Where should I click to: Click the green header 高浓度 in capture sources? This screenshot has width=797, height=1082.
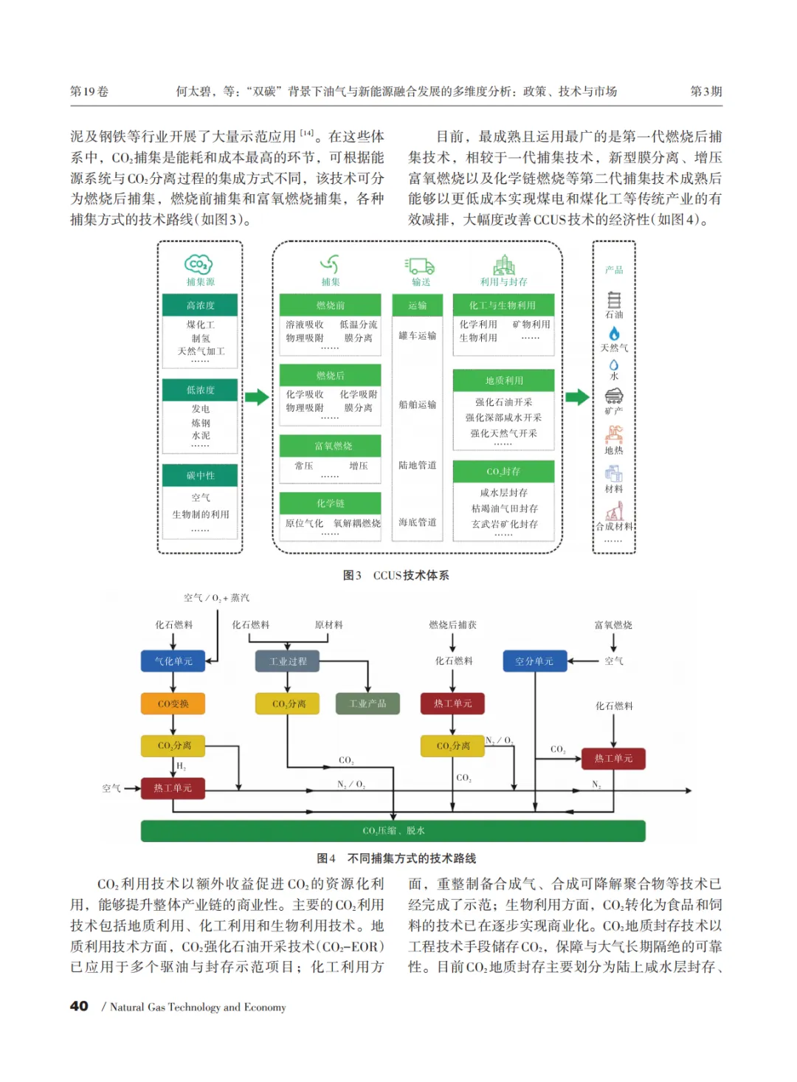click(200, 306)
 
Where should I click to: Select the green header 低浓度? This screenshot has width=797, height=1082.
click(200, 390)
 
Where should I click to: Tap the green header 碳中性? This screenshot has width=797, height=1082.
click(200, 475)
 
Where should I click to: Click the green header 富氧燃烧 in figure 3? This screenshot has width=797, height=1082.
click(331, 446)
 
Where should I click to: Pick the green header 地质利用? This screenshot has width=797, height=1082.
click(503, 380)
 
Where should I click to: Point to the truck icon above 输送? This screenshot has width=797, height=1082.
click(420, 266)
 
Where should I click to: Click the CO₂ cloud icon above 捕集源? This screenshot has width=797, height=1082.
click(199, 264)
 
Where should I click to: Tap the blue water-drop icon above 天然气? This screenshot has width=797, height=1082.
click(614, 334)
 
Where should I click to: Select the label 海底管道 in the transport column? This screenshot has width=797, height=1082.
click(417, 522)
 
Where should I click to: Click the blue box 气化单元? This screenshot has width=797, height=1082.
click(173, 661)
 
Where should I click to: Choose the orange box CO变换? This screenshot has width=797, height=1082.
click(173, 703)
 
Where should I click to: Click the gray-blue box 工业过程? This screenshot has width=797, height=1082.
click(288, 661)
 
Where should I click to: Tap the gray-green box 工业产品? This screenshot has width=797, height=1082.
click(368, 703)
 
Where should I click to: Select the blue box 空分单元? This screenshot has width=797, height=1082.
click(534, 661)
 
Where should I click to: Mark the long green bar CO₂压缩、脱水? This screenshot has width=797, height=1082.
click(393, 830)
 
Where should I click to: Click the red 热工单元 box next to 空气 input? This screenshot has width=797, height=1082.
click(173, 788)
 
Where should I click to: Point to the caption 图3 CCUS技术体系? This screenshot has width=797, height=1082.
click(396, 575)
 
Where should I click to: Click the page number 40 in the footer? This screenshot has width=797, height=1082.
click(79, 1006)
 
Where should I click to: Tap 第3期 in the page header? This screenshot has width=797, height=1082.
click(705, 92)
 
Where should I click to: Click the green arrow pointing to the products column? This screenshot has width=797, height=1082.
click(578, 397)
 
